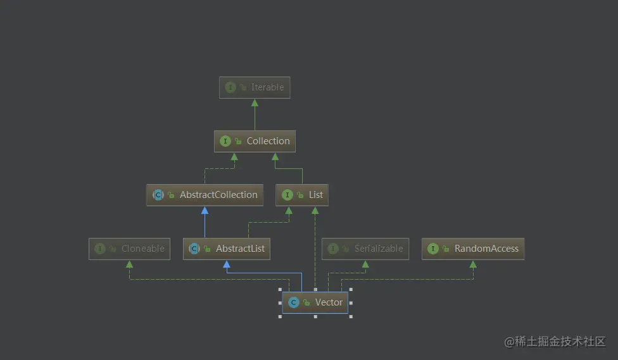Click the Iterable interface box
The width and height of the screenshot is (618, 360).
click(x=255, y=87)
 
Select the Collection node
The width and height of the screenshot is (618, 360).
click(x=255, y=141)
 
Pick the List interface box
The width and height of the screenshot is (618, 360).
click(x=302, y=195)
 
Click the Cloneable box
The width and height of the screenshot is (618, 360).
click(x=130, y=249)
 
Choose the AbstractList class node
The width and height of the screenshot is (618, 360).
click(x=227, y=249)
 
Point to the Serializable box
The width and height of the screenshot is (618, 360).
click(x=365, y=249)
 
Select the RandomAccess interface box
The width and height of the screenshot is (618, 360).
click(x=473, y=249)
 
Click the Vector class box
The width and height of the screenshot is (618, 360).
click(x=315, y=302)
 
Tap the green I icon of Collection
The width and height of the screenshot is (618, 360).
click(x=225, y=141)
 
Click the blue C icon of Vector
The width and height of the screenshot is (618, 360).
click(x=293, y=302)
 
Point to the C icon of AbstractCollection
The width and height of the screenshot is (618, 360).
click(x=158, y=195)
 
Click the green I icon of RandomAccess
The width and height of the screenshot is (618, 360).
click(x=433, y=249)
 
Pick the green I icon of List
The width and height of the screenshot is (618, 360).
click(x=287, y=195)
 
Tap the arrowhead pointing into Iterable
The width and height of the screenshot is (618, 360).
click(x=255, y=102)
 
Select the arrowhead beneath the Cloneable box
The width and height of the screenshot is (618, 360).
click(x=130, y=264)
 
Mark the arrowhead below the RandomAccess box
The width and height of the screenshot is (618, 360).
click(x=473, y=264)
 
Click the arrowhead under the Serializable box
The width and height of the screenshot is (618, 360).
click(x=365, y=264)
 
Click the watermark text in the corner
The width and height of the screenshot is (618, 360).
click(x=555, y=342)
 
